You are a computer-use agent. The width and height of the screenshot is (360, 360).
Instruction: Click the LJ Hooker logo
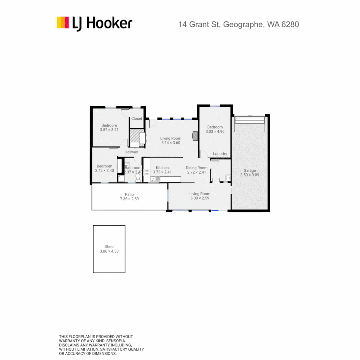94,23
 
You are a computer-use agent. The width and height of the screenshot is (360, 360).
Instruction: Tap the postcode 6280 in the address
290,24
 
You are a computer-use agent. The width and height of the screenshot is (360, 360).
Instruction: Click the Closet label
137,119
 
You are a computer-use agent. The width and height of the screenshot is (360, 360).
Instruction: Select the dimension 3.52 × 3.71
109,130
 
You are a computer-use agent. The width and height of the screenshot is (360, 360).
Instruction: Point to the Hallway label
131,152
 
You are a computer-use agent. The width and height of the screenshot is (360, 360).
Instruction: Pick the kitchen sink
156,179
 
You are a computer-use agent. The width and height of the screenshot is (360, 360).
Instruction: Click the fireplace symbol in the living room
195,136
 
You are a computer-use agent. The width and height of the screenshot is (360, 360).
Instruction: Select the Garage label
250,170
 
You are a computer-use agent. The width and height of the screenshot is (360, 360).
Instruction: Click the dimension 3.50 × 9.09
250,175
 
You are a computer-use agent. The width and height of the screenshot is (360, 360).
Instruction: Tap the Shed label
109,247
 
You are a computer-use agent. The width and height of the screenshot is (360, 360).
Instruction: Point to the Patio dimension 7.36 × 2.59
129,199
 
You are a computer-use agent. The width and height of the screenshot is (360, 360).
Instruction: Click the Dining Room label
197,168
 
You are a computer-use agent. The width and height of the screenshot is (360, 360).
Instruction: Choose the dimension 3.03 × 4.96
215,131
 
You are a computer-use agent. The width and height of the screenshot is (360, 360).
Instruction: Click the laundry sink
227,177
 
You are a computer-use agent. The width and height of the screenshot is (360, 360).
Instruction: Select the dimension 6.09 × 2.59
200,198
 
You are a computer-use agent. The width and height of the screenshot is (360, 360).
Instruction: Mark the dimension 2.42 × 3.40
104,171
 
